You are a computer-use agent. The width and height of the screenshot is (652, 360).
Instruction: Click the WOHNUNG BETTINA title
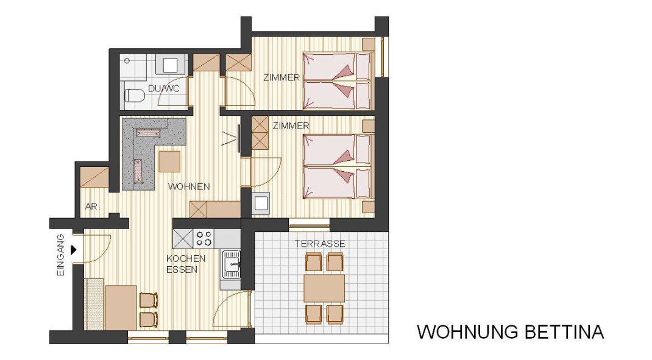click(x=510, y=332)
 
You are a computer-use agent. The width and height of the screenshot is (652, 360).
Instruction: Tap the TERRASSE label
click(x=320, y=244)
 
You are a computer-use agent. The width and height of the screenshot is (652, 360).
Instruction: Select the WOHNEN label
click(x=189, y=186)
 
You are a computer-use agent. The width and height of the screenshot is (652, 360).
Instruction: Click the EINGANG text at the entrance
click(x=61, y=255)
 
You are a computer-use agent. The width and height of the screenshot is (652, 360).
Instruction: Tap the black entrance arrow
click(x=74, y=250)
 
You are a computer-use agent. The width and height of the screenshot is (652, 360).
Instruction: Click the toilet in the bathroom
click(x=134, y=96)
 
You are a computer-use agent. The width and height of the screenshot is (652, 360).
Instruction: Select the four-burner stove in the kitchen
click(x=204, y=239)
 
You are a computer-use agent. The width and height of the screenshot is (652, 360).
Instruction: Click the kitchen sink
click(x=231, y=264)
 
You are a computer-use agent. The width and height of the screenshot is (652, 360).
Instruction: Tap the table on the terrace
click(x=324, y=288)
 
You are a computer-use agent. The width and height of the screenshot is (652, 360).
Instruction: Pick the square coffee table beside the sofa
click(x=169, y=161)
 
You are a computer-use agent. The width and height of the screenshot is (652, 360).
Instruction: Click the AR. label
click(x=92, y=206)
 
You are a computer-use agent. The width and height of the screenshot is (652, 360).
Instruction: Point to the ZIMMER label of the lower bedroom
click(x=291, y=126)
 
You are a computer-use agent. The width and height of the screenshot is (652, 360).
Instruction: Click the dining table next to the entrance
click(x=121, y=308)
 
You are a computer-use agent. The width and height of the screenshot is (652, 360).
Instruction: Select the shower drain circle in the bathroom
click(x=127, y=61)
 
